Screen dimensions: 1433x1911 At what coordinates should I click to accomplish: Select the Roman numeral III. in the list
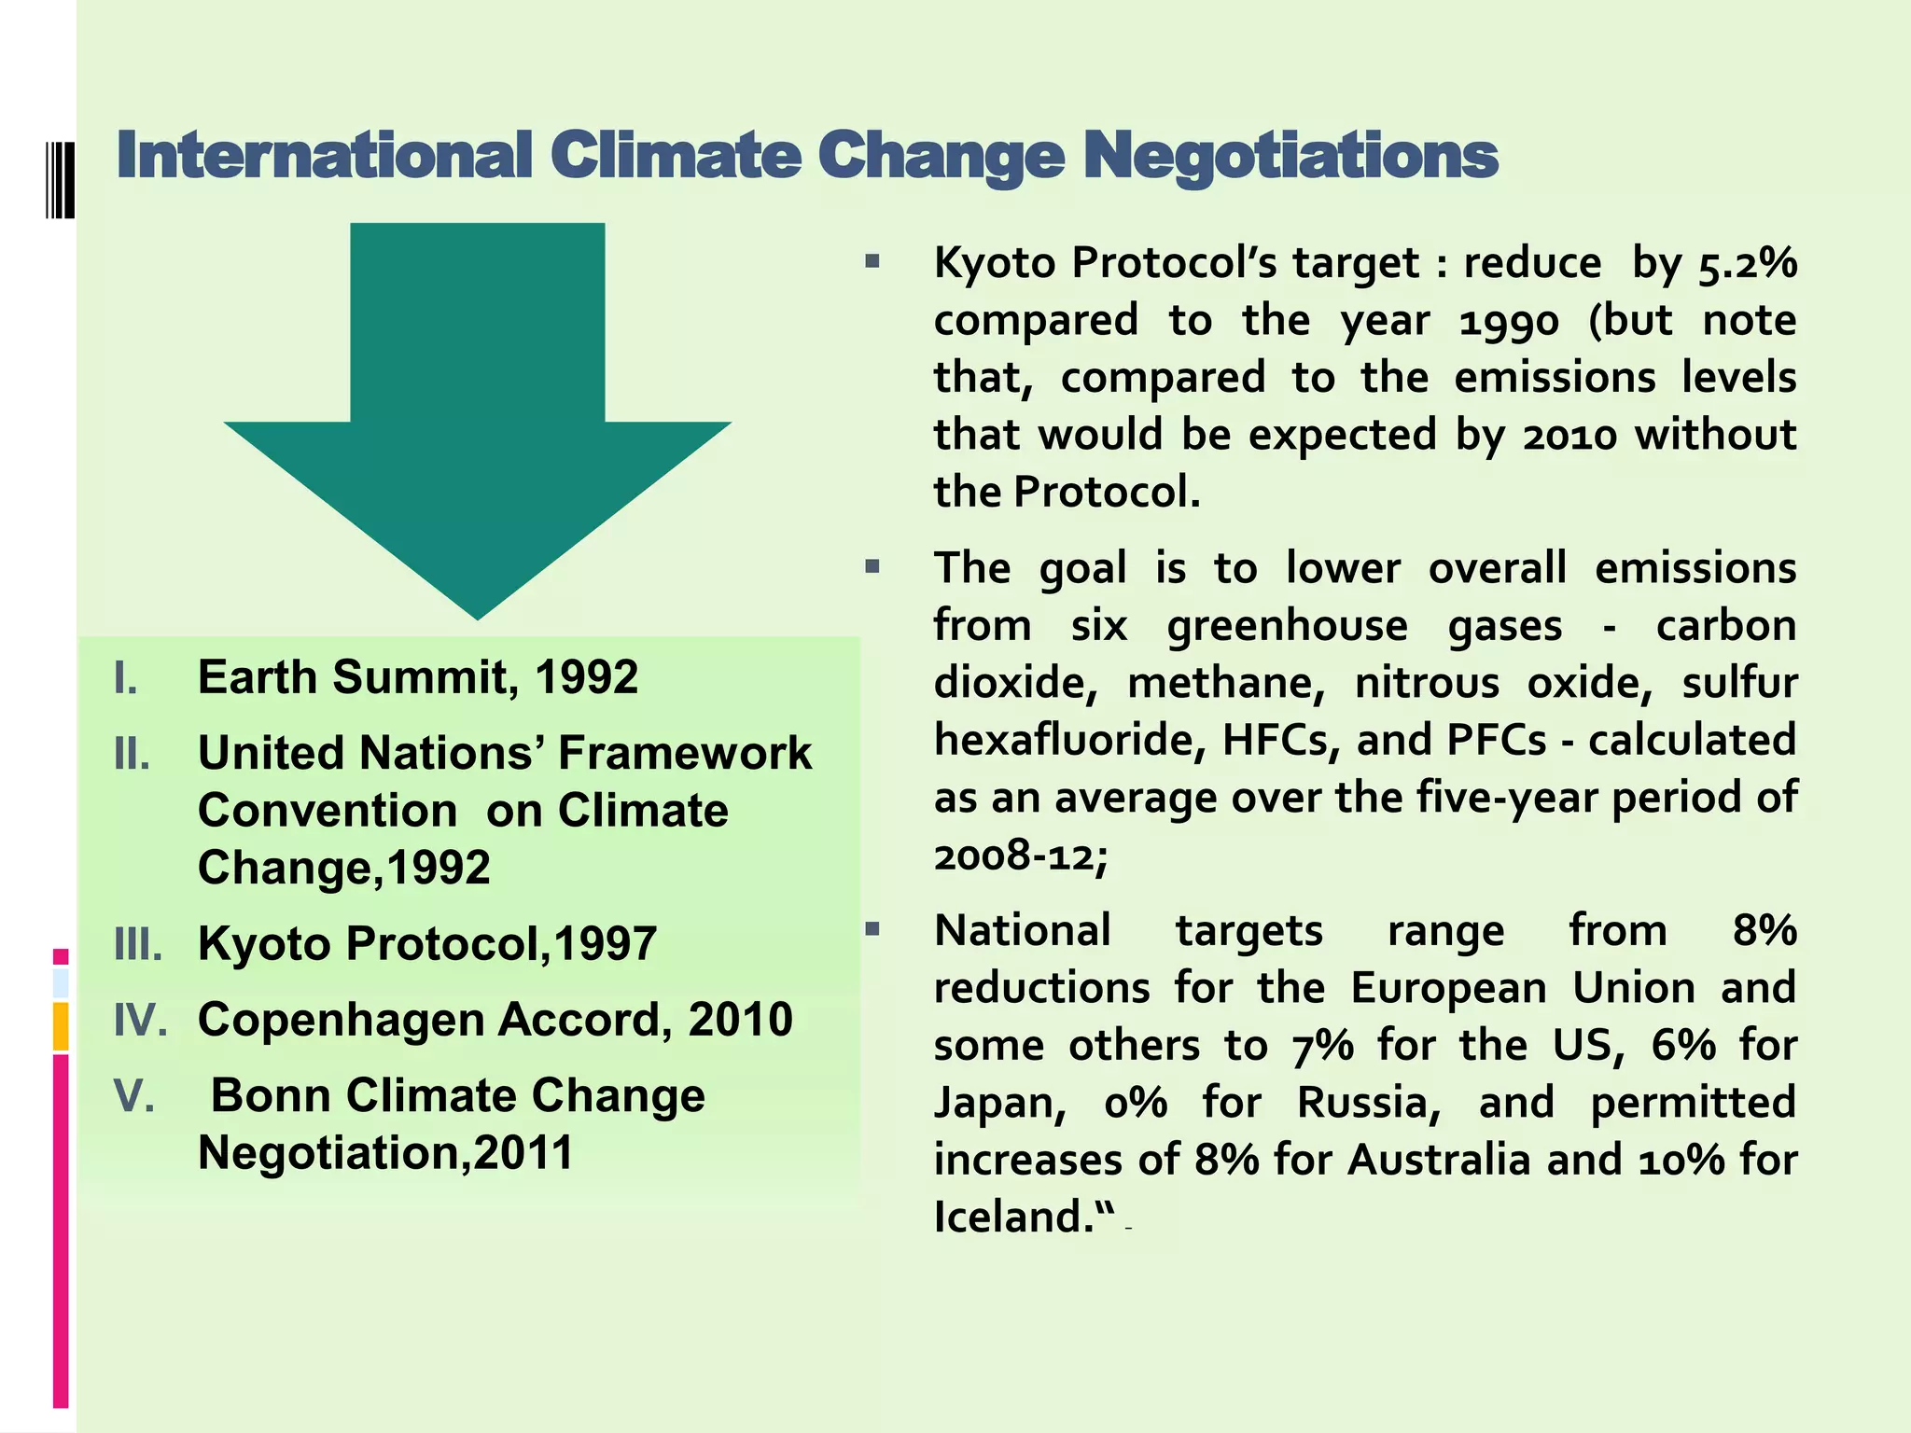pos(138,944)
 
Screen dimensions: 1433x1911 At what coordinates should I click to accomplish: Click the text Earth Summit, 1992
pos(417,677)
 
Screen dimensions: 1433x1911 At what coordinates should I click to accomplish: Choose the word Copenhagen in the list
pos(341,1020)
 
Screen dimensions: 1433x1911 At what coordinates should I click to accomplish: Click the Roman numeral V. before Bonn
pos(133,1096)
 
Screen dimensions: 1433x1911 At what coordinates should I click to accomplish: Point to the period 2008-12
pos(1020,856)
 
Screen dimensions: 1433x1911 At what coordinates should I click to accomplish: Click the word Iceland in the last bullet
pos(1012,1217)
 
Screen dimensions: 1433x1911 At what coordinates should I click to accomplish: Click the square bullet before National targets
pos(872,929)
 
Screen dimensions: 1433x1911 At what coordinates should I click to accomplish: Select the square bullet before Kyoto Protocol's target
pos(872,262)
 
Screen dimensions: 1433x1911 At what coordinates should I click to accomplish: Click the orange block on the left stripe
pos(61,1025)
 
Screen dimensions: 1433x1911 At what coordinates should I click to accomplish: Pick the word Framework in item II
pos(684,754)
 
